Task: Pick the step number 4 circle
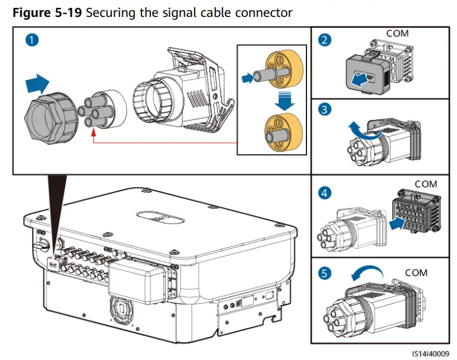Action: [325, 194]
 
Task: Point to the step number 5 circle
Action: [325, 274]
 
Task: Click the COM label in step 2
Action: [397, 34]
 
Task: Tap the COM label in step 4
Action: [426, 184]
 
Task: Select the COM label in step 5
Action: [416, 273]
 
